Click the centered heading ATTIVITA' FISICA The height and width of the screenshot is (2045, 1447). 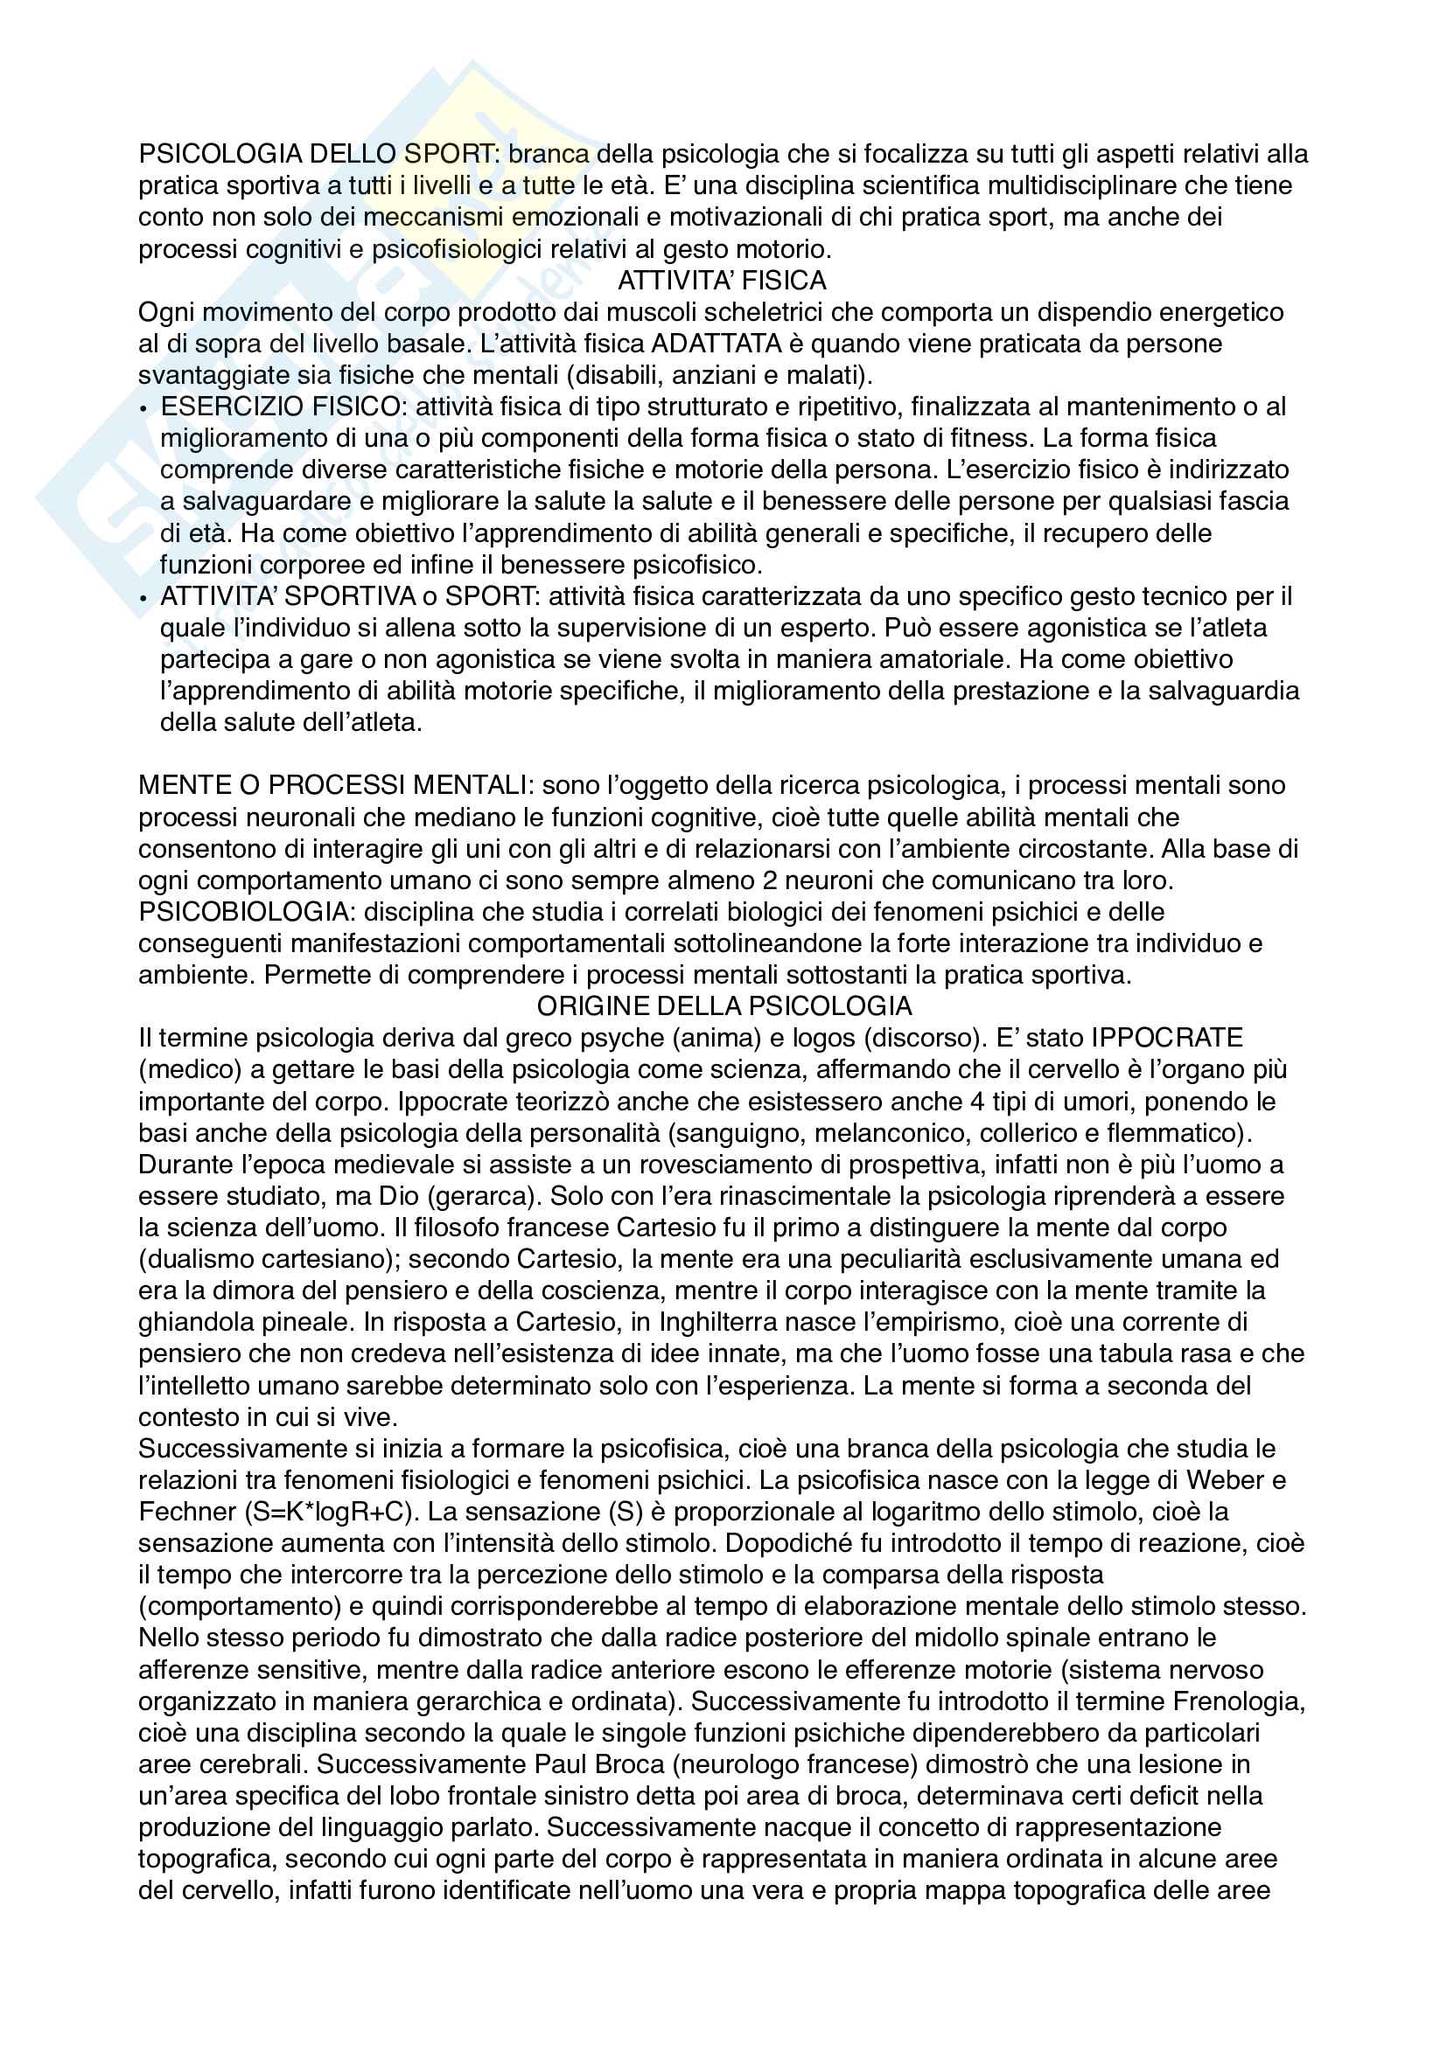(x=722, y=281)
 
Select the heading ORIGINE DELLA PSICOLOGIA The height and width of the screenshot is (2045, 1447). (x=723, y=1006)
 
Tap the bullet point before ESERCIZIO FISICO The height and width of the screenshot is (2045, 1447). (x=144, y=408)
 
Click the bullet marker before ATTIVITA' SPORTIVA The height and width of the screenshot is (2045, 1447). (x=144, y=598)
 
